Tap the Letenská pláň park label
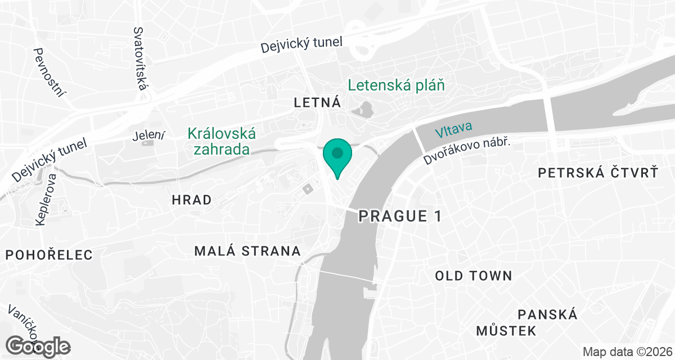396,85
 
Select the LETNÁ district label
318,102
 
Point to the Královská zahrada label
222,142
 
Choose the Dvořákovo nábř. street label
467,151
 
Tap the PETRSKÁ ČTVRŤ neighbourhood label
598,173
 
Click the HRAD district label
192,200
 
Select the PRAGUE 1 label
400,216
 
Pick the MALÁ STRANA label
247,251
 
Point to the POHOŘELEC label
49,255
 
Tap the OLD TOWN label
474,276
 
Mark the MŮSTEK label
506,330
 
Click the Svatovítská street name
141,58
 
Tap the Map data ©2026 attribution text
626,352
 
